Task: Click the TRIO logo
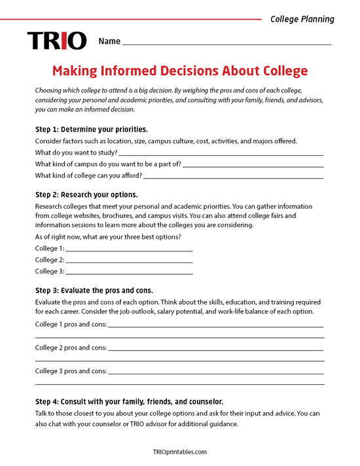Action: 56,41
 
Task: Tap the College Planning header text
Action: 302,19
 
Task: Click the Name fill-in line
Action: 226,43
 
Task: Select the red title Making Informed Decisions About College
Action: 179,71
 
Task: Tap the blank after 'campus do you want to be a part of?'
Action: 253,164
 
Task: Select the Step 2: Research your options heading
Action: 86,194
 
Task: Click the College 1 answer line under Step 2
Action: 129,249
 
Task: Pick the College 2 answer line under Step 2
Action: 129,260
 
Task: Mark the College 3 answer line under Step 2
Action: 129,272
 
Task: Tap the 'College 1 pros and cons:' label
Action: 71,324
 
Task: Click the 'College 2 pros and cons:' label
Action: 71,348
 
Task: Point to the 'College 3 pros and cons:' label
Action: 71,371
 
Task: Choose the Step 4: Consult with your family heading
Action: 129,401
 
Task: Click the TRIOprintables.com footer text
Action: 179,452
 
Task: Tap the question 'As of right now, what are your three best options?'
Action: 108,236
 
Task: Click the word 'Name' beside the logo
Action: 109,41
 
